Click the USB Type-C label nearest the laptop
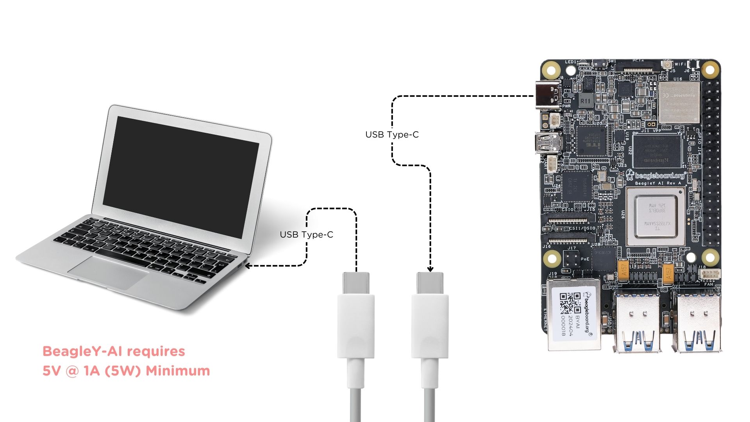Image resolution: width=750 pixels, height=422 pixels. pos(306,234)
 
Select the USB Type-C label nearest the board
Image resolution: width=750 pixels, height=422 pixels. pos(392,134)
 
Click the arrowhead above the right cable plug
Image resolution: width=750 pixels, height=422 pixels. pos(430,269)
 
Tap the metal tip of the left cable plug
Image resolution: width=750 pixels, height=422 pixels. pos(356,283)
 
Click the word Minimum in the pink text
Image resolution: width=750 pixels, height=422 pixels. pos(178,371)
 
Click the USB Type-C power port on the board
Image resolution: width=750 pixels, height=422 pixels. pos(547,96)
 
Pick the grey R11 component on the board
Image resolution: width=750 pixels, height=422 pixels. pos(585,100)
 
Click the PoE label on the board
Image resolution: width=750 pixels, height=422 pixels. pos(585,259)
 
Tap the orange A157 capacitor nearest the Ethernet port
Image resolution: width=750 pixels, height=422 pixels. pos(624,270)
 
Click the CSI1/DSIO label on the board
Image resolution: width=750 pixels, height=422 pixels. pos(582,228)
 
